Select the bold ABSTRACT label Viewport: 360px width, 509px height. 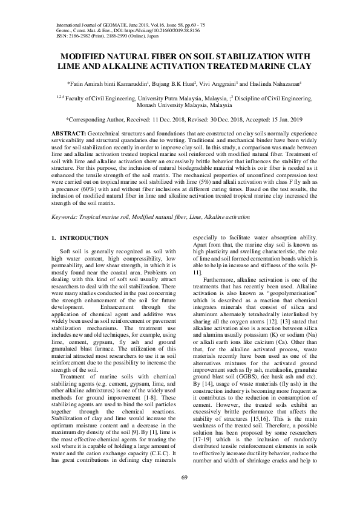(67, 132)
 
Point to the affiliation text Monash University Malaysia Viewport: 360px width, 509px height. (180, 104)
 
